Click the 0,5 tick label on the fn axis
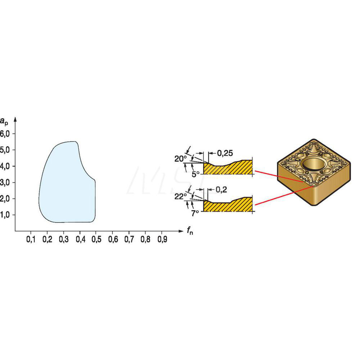(96, 239)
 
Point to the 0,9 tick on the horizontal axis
(162, 239)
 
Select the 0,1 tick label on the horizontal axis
(31, 239)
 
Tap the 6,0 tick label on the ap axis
(5, 134)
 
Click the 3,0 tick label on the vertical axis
(5, 183)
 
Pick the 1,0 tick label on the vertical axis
(5, 215)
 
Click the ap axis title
(4, 121)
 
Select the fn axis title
(190, 230)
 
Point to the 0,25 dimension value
(225, 153)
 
